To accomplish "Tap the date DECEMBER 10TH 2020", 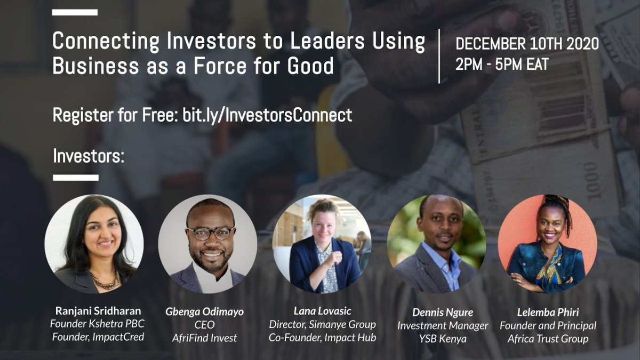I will point(526,44).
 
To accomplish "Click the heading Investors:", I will point(89,157).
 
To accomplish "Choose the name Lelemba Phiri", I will point(547,313).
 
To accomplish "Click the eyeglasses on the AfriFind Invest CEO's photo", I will point(211,233).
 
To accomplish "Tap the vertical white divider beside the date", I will point(439,56).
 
